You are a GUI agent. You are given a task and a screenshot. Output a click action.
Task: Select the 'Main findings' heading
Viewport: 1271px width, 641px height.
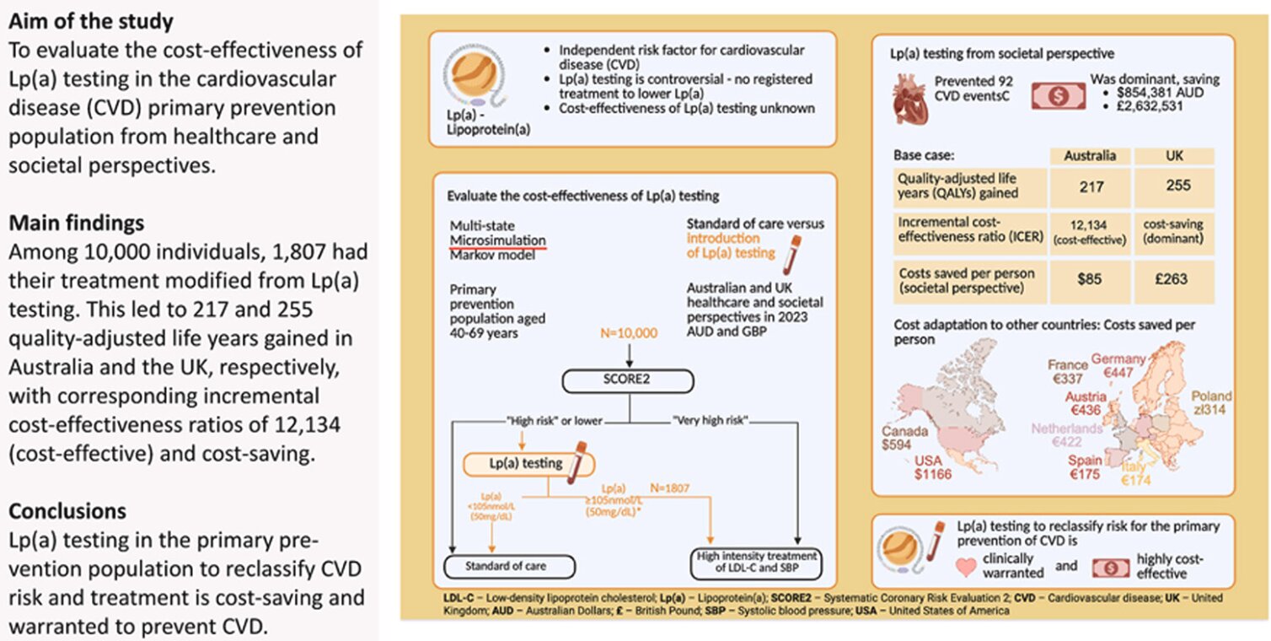point(76,223)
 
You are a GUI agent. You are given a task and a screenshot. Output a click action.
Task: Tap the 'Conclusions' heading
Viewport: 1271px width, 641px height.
point(67,511)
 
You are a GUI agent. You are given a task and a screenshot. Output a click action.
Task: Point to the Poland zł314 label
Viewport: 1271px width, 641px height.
point(1212,402)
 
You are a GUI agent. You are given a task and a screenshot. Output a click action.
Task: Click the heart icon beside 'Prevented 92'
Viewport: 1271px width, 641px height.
point(915,94)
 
